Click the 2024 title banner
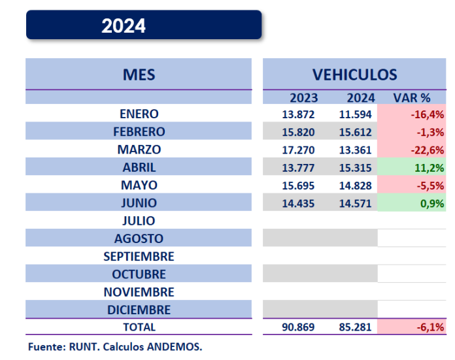144,25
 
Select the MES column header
139,74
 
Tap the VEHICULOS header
354,74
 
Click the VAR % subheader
411,98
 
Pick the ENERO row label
139,114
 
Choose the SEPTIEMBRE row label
139,256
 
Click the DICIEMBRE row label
139,310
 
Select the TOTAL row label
139,327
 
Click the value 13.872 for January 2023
298,114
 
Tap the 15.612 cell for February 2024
355,132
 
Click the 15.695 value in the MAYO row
298,186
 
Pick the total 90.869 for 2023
298,327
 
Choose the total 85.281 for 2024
355,327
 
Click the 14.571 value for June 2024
355,203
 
